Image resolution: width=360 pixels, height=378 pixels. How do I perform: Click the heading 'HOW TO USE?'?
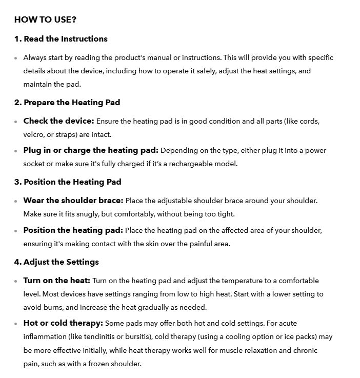click(x=45, y=20)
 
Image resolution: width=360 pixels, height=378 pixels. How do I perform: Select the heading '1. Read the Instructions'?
click(x=61, y=39)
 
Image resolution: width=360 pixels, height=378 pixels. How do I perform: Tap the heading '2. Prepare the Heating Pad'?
click(x=67, y=103)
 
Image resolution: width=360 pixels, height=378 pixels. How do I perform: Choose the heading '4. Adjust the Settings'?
click(x=56, y=262)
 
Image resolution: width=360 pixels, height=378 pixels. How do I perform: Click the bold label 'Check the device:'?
click(x=58, y=122)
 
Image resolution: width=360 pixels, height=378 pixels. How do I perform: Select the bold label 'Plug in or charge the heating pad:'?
click(x=91, y=150)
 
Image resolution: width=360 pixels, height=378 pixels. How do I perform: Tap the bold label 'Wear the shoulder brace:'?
click(x=73, y=201)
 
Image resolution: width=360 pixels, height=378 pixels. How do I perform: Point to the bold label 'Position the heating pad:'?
click(x=73, y=230)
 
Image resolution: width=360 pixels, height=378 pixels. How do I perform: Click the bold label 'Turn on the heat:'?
click(x=56, y=281)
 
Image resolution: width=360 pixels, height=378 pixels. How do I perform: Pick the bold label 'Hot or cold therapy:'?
click(x=63, y=323)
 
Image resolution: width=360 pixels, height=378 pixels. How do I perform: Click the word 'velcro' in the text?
click(x=34, y=135)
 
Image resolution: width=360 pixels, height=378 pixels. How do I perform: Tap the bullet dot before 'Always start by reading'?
click(x=16, y=58)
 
